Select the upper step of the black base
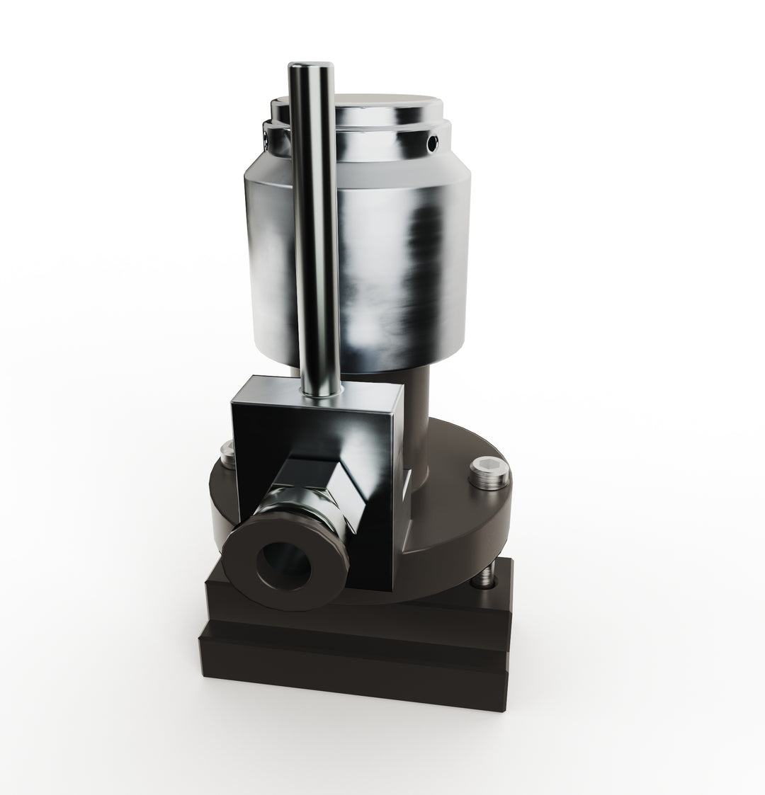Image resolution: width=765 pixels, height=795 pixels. click(x=439, y=609)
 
